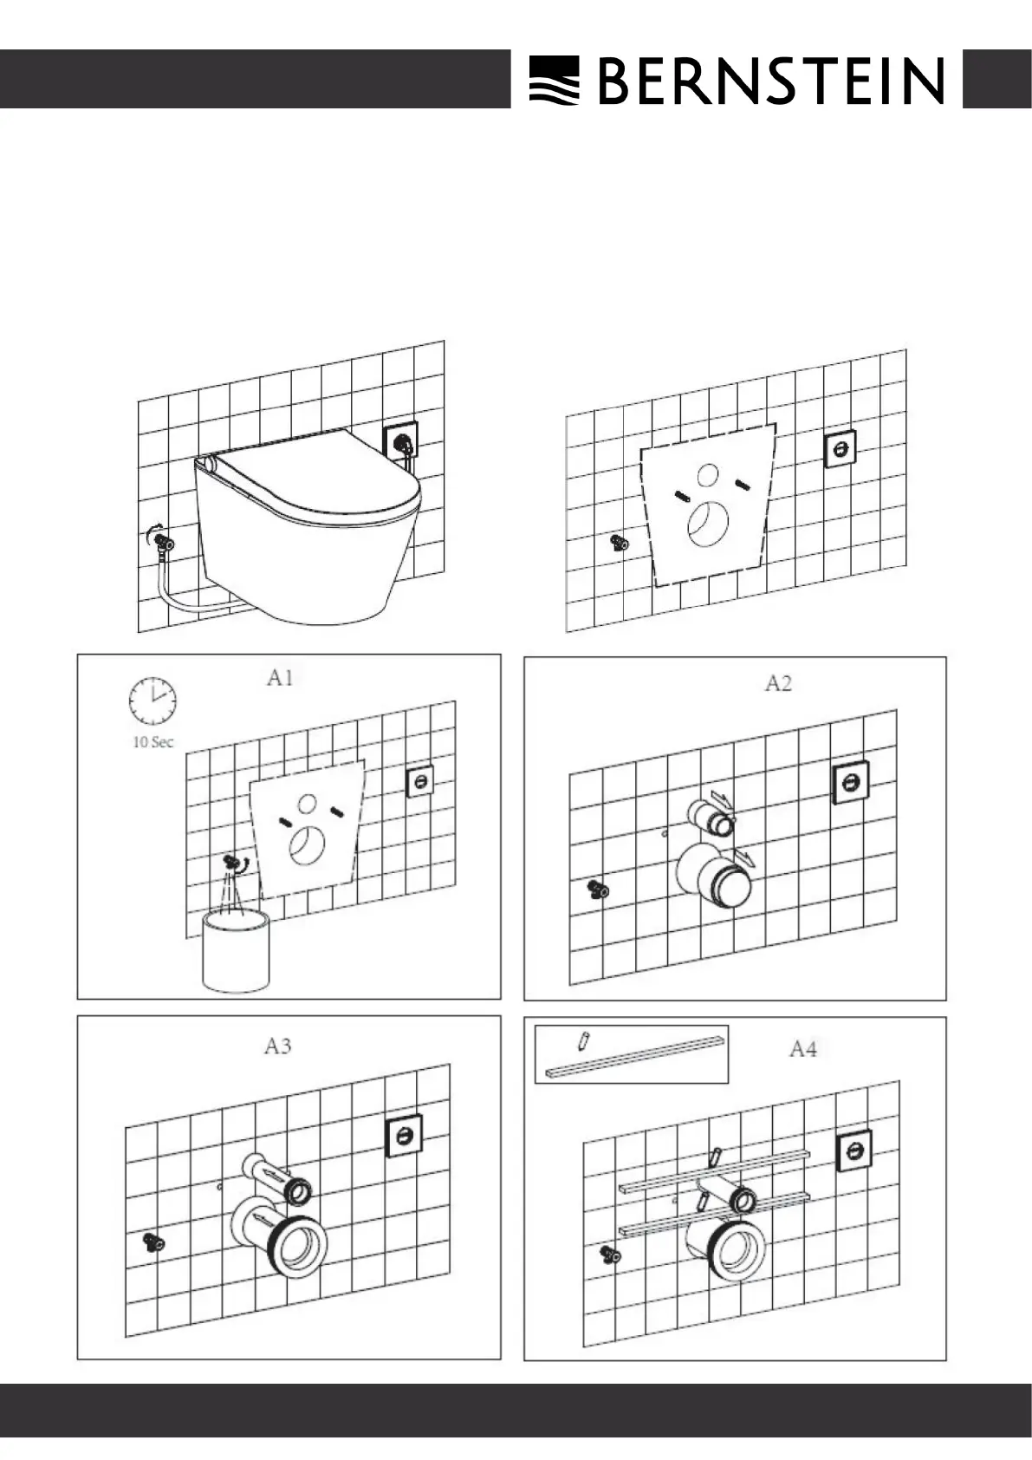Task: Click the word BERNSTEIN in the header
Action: coord(770,81)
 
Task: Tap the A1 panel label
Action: coord(279,678)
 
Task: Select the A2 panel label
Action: coord(778,684)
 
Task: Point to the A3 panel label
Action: coord(277,1046)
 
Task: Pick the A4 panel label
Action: coord(802,1050)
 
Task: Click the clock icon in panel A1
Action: coord(152,701)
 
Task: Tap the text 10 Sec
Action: coord(153,742)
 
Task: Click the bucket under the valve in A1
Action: coord(235,949)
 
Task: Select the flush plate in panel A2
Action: coord(851,784)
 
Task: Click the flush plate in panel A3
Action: coord(403,1135)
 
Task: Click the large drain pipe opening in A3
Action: coord(300,1247)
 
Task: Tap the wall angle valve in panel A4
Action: coord(611,1254)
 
